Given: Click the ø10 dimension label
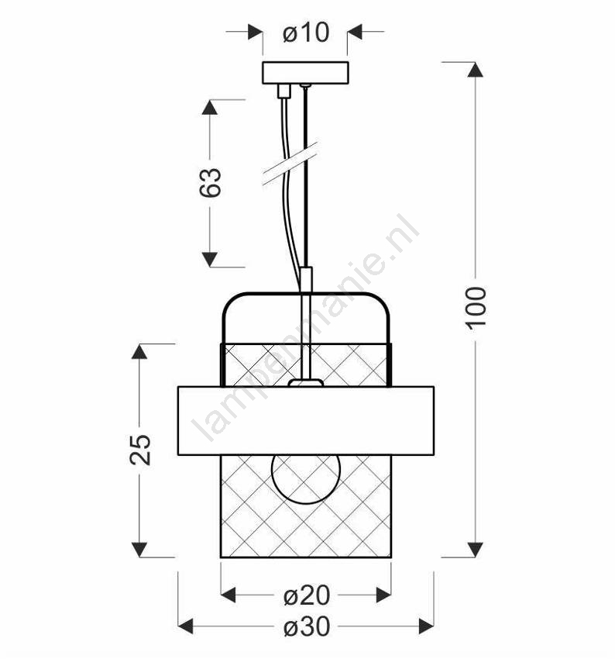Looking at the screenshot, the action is point(306,33).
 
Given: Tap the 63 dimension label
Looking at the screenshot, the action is point(211,182).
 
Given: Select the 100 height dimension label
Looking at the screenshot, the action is point(476,308).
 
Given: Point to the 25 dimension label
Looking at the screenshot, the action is point(140,449).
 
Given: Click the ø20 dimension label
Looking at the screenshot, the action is point(307,595).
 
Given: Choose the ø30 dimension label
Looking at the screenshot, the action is point(307,626).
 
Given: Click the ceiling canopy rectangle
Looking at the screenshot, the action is point(306,73).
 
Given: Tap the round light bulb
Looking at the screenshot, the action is point(306,479).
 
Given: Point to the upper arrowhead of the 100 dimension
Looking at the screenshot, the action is point(476,69).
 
